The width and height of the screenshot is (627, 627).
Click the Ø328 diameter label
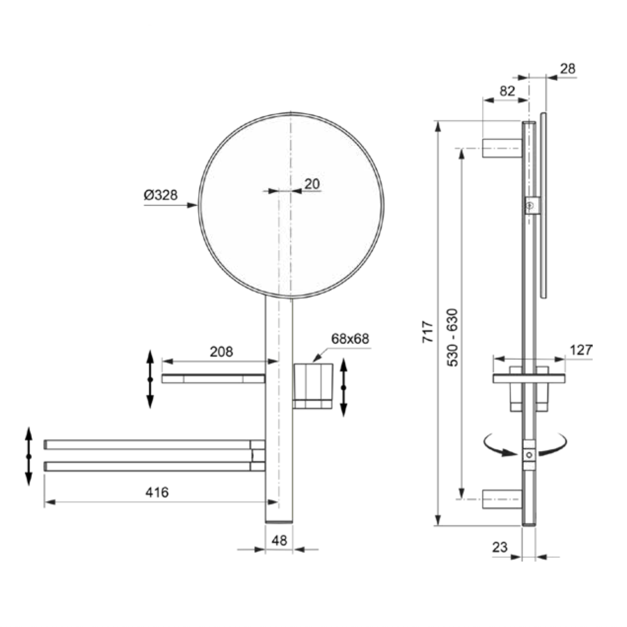[161, 195]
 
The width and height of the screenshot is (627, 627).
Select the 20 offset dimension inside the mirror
[312, 184]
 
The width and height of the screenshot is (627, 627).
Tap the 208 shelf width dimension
[221, 352]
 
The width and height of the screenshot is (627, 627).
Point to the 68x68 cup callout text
[350, 339]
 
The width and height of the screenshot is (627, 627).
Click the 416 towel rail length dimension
[157, 492]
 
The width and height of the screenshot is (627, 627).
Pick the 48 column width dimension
[279, 541]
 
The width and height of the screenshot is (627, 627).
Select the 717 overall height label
[428, 332]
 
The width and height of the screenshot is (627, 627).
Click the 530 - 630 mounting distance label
[452, 337]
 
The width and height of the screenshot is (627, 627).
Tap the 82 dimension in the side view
[507, 91]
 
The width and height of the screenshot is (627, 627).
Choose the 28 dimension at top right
[568, 69]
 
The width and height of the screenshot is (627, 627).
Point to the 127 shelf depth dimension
[581, 350]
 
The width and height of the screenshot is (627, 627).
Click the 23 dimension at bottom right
[500, 547]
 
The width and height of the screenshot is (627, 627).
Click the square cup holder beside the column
[313, 386]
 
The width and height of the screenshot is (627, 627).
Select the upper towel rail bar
[155, 444]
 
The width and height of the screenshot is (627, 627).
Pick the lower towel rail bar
[155, 467]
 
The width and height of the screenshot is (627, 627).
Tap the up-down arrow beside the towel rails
[29, 457]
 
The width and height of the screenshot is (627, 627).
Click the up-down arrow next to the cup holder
[344, 387]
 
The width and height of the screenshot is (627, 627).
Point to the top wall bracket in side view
[502, 148]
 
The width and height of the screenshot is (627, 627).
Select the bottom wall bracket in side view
[502, 499]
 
